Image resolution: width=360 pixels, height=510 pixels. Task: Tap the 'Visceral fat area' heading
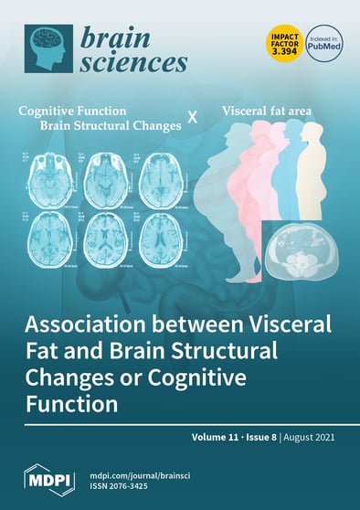(265, 112)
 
